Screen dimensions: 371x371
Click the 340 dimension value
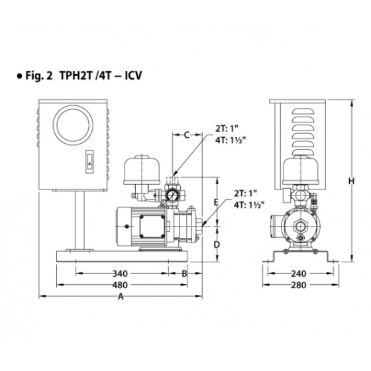pyautogui.click(x=120, y=274)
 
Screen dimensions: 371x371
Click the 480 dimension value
pyautogui.click(x=120, y=285)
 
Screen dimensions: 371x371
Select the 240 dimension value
pyautogui.click(x=299, y=274)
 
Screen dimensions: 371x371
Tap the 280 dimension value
pyautogui.click(x=299, y=285)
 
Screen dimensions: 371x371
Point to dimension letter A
pyautogui.click(x=121, y=296)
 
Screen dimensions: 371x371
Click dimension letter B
pyautogui.click(x=184, y=274)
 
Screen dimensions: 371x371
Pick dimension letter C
pyautogui.click(x=187, y=135)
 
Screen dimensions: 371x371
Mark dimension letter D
pyautogui.click(x=217, y=244)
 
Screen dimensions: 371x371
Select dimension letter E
pyautogui.click(x=216, y=202)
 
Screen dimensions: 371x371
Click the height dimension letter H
pyautogui.click(x=352, y=182)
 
